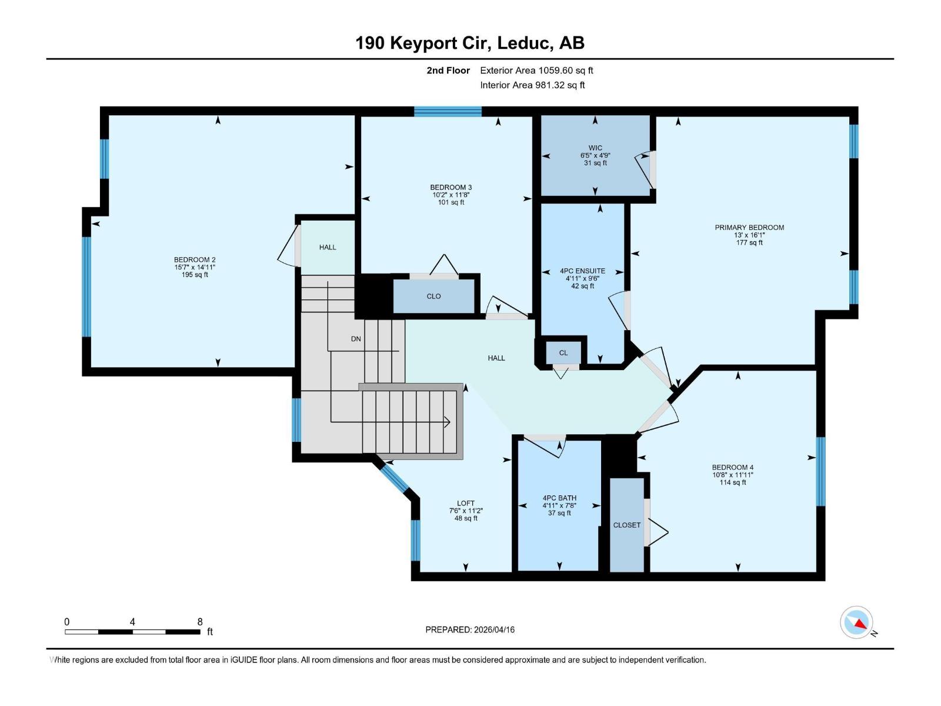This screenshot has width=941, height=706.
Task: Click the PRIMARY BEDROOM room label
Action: pos(749,228)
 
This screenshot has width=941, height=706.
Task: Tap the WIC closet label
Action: pos(595,148)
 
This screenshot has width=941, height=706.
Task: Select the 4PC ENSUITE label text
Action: pos(582,271)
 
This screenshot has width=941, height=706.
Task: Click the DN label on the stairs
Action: pos(356,339)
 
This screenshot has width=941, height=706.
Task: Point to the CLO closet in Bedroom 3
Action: pos(433,297)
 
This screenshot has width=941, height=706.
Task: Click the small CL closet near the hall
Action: pos(563,353)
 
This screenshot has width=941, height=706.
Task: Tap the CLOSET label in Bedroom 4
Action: pos(626,525)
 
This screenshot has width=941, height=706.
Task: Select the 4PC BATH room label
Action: pos(559,498)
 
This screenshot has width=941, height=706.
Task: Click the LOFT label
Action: pos(466,503)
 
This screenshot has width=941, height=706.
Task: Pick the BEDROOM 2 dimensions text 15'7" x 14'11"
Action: pos(195,267)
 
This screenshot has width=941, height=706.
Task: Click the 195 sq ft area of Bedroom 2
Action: pos(195,275)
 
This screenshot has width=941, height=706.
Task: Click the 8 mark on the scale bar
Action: pos(200,622)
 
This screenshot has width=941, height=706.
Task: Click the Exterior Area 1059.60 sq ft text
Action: pos(536,71)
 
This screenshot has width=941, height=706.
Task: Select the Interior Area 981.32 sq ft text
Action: pos(532,85)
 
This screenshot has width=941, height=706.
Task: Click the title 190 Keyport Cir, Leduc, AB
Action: pos(470,43)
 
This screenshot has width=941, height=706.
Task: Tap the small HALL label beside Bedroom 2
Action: pos(328,247)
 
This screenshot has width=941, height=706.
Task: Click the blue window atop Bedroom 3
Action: pos(448,112)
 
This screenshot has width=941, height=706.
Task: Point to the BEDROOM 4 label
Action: pos(732,468)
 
